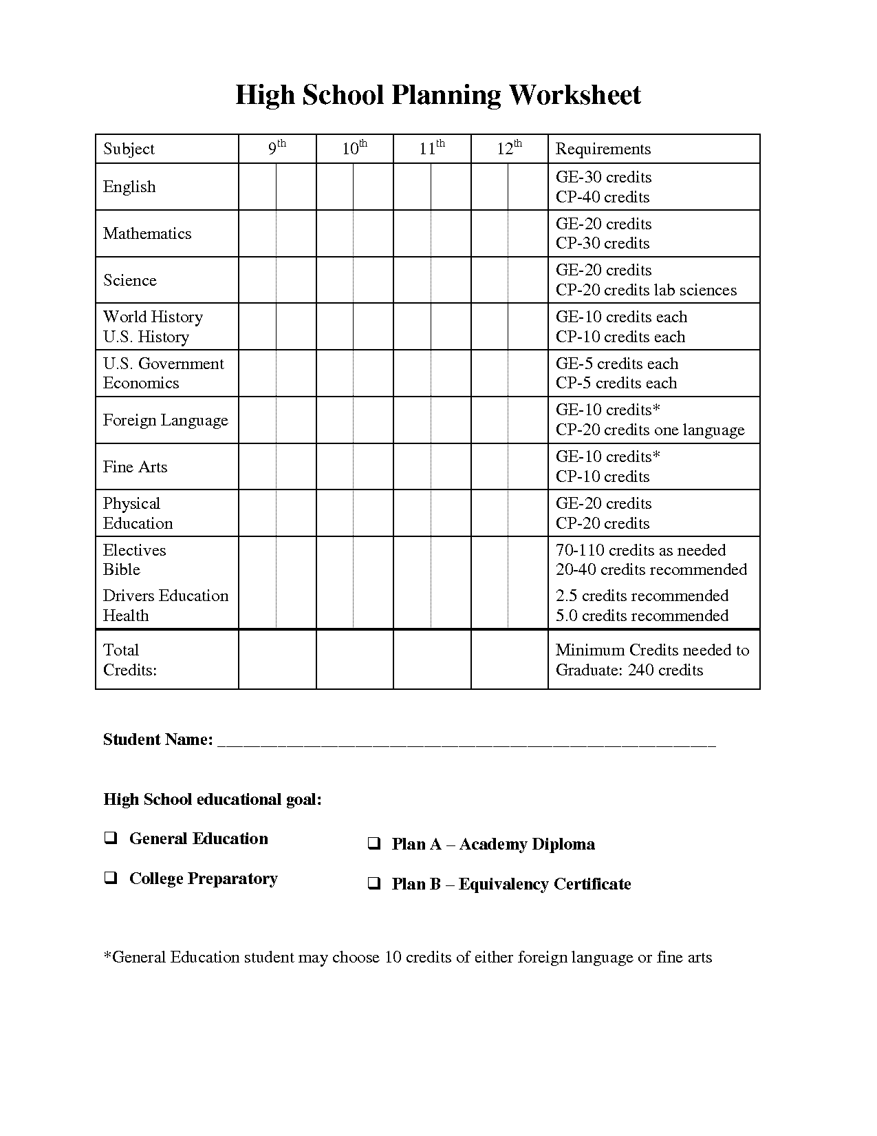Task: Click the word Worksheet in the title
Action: click(x=574, y=95)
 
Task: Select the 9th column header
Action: click(x=277, y=149)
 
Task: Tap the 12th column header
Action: click(x=509, y=149)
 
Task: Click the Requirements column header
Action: click(x=603, y=149)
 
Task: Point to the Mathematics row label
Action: click(x=147, y=233)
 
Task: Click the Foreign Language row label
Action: click(x=165, y=420)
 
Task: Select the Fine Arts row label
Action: click(x=135, y=467)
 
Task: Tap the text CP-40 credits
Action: click(x=603, y=197)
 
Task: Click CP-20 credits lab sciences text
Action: click(x=646, y=290)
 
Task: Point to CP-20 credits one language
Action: click(x=650, y=430)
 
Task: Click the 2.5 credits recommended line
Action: click(x=642, y=596)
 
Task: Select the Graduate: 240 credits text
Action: click(x=629, y=670)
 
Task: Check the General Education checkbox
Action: click(x=110, y=838)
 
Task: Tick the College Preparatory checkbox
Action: click(x=110, y=878)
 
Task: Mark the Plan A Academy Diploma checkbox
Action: click(x=373, y=843)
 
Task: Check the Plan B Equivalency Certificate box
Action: click(x=373, y=883)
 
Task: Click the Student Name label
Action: click(x=158, y=739)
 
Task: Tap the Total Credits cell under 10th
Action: click(x=354, y=659)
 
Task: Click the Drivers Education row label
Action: click(x=165, y=596)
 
